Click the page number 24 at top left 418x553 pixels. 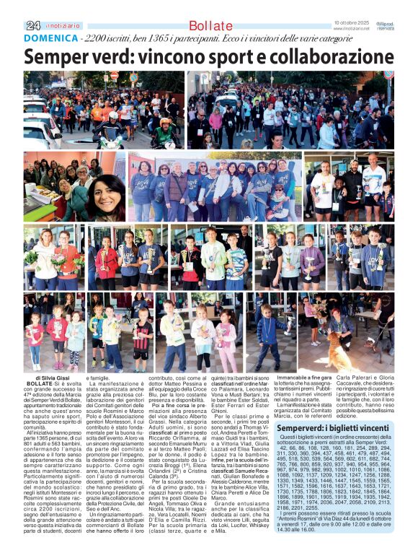click(x=32, y=25)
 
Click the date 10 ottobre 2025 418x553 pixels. click(x=350, y=24)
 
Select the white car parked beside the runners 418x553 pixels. click(x=40, y=131)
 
